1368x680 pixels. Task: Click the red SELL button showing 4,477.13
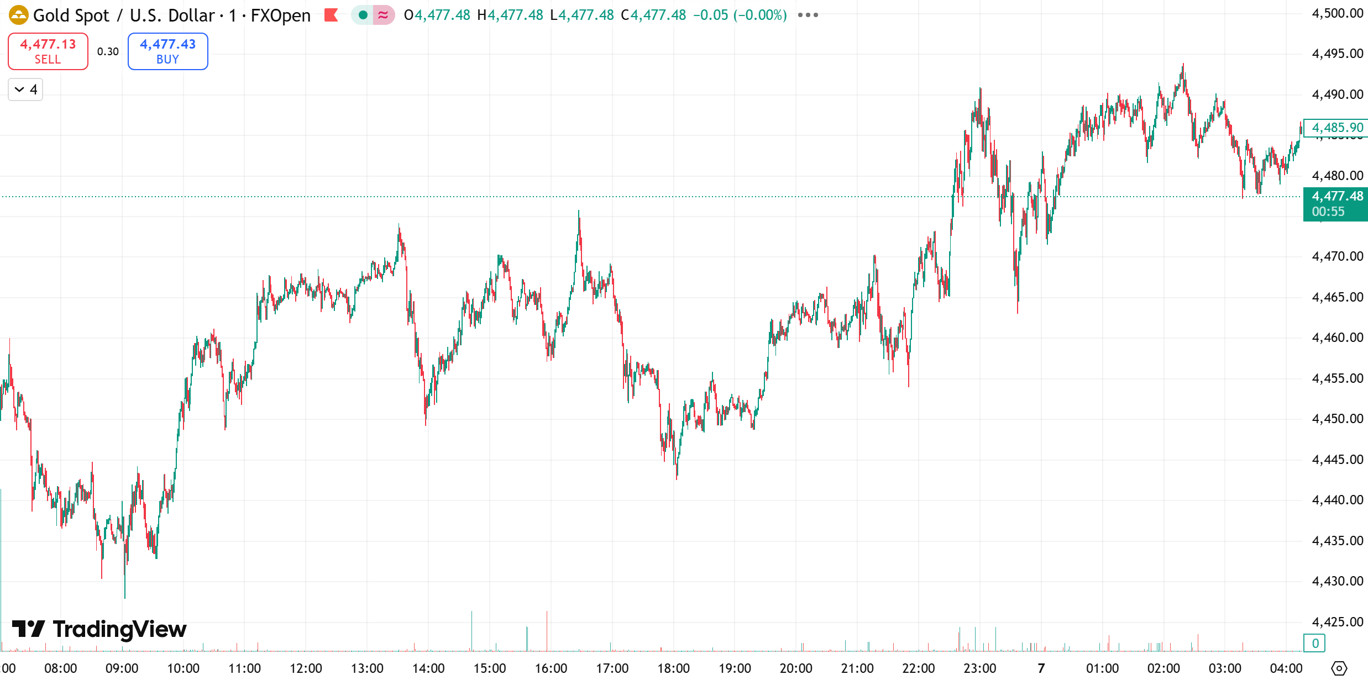[x=48, y=51]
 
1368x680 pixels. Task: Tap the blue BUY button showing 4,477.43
[x=167, y=51]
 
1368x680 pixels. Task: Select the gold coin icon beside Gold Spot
[x=18, y=15]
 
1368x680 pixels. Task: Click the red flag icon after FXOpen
[x=331, y=15]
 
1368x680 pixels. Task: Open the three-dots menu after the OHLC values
[x=808, y=15]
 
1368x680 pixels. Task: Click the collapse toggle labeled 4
[x=25, y=89]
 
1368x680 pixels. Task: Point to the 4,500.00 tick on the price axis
[x=1337, y=13]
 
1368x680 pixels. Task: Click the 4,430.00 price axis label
[x=1337, y=581]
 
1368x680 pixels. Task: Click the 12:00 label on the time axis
[x=306, y=668]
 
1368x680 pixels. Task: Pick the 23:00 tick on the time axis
[x=979, y=668]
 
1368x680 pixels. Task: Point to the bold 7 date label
[x=1041, y=668]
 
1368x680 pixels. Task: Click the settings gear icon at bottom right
[x=1339, y=668]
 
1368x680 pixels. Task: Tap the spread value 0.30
[x=108, y=51]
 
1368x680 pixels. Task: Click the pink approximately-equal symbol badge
[x=383, y=15]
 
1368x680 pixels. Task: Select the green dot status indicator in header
[x=363, y=15]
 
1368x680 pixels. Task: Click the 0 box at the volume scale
[x=1315, y=643]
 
